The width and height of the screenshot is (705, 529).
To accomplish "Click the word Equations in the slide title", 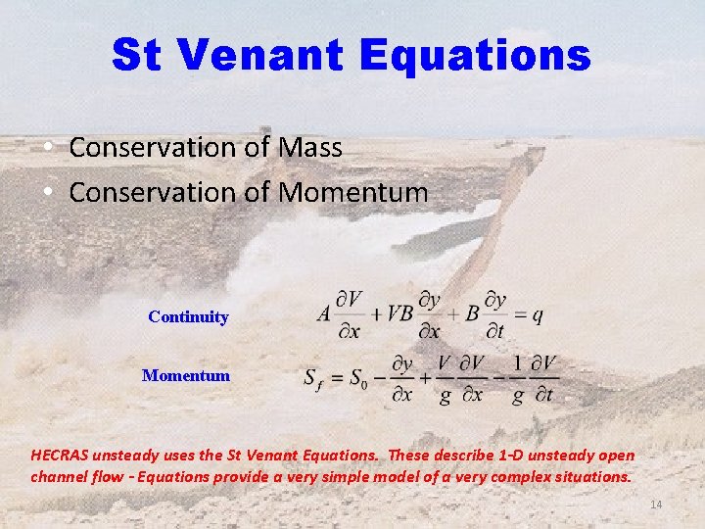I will [475, 56].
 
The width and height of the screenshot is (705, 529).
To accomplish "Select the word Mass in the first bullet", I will [309, 148].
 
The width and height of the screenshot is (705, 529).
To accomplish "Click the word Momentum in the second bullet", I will [353, 192].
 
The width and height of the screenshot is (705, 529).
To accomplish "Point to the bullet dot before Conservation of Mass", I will [48, 149].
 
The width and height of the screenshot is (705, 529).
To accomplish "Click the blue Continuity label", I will [188, 317].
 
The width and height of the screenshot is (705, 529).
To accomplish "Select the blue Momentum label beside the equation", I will [186, 375].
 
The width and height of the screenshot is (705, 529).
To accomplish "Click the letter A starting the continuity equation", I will [325, 314].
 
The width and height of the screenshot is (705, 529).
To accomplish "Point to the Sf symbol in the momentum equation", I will [313, 378].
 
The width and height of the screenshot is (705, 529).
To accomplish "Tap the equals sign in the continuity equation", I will [519, 315].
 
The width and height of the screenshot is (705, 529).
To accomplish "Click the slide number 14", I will [656, 504].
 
